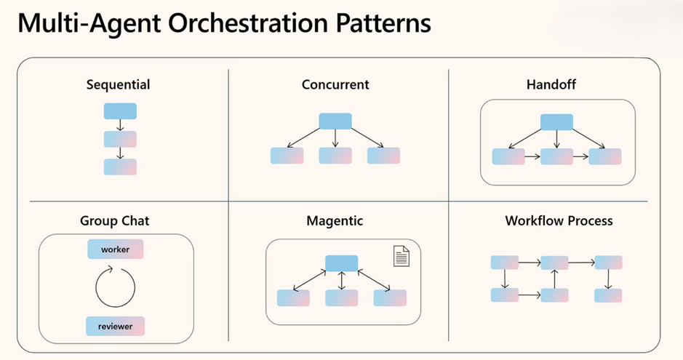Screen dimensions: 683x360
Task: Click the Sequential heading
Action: point(118,85)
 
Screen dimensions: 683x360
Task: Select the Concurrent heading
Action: point(335,84)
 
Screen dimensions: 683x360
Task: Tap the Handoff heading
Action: point(551,84)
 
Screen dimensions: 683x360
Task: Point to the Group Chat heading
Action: point(114,221)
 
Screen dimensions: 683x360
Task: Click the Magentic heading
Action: point(335,221)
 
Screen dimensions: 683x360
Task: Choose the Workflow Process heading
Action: point(559,220)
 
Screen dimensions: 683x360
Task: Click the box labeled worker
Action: point(116,249)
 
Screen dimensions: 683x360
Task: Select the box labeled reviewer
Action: point(115,327)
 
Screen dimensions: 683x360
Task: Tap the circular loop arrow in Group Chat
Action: point(96,288)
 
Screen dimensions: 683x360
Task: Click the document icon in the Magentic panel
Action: point(402,256)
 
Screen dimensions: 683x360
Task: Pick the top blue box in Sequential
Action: point(120,111)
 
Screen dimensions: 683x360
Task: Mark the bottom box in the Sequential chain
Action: point(120,167)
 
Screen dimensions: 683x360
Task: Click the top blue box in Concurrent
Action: point(335,121)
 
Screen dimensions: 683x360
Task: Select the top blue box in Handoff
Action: point(556,122)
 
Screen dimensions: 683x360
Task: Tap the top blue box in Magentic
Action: point(342,264)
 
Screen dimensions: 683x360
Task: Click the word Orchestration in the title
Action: point(248,24)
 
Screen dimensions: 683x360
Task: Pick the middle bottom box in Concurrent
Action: point(335,156)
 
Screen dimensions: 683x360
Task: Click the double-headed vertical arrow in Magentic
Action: point(342,281)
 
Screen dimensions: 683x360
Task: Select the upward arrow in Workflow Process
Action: point(554,279)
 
